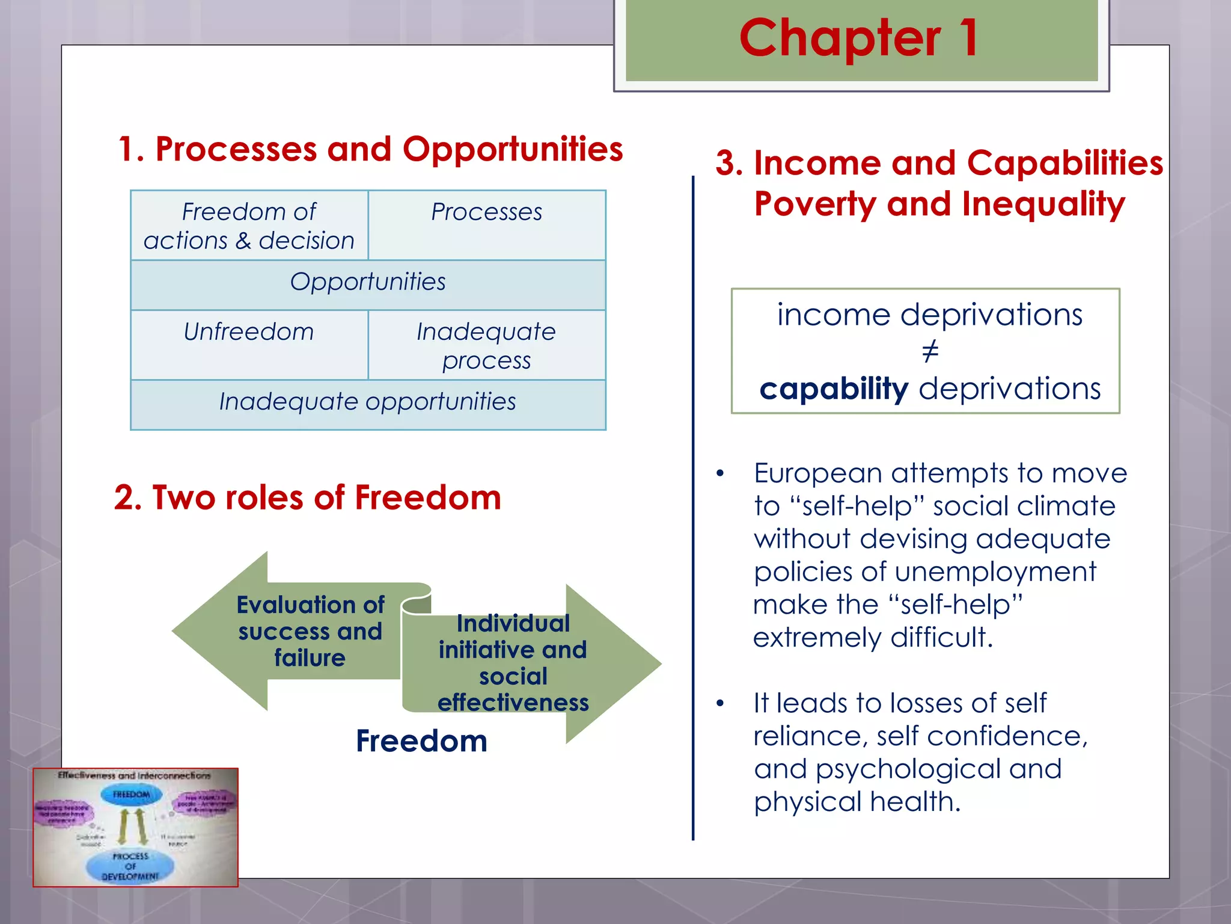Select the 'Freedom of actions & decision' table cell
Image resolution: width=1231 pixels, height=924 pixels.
point(249,226)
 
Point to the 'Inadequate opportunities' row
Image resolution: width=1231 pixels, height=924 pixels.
point(367,402)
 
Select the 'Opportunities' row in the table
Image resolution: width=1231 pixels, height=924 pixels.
point(367,282)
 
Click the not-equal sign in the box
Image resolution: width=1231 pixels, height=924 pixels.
point(929,352)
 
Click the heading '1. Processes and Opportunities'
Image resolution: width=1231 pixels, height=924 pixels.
point(370,149)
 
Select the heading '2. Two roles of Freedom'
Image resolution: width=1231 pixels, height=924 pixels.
point(307,498)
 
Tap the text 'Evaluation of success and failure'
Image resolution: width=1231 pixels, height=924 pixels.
point(310,631)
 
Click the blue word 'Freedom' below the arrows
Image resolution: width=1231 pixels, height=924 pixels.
point(421,741)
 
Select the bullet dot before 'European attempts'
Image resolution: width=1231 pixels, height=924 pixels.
point(720,474)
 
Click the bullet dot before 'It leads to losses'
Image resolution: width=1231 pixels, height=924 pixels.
point(720,704)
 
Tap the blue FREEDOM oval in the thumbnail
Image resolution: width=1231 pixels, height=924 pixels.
point(131,795)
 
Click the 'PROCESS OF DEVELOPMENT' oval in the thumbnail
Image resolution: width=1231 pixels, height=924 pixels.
point(130,866)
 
